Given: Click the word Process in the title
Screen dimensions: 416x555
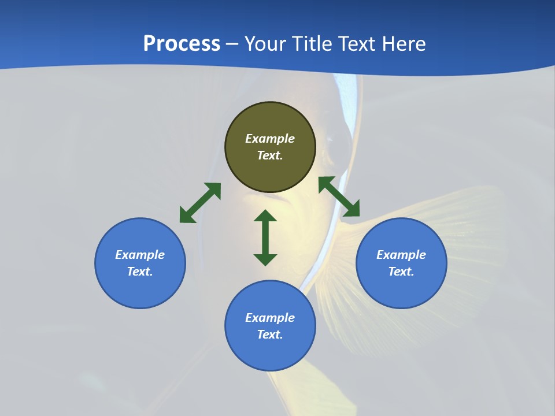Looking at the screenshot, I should click(182, 44).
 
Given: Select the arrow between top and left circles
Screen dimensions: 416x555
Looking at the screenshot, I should click(200, 203).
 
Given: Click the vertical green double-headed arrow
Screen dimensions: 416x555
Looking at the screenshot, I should click(265, 237).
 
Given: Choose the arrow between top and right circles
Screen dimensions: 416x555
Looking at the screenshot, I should click(339, 197).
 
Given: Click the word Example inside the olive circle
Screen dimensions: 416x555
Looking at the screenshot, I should click(270, 139).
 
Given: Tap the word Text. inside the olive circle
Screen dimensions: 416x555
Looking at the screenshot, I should click(270, 155).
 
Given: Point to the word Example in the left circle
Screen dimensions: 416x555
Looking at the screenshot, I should click(140, 255).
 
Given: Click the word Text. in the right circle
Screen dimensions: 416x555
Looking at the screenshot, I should click(401, 272).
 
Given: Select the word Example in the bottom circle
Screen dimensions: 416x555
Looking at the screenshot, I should click(270, 318).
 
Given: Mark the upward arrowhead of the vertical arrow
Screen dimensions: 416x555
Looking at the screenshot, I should click(265, 216).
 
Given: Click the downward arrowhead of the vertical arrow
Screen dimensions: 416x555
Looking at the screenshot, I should click(265, 259).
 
